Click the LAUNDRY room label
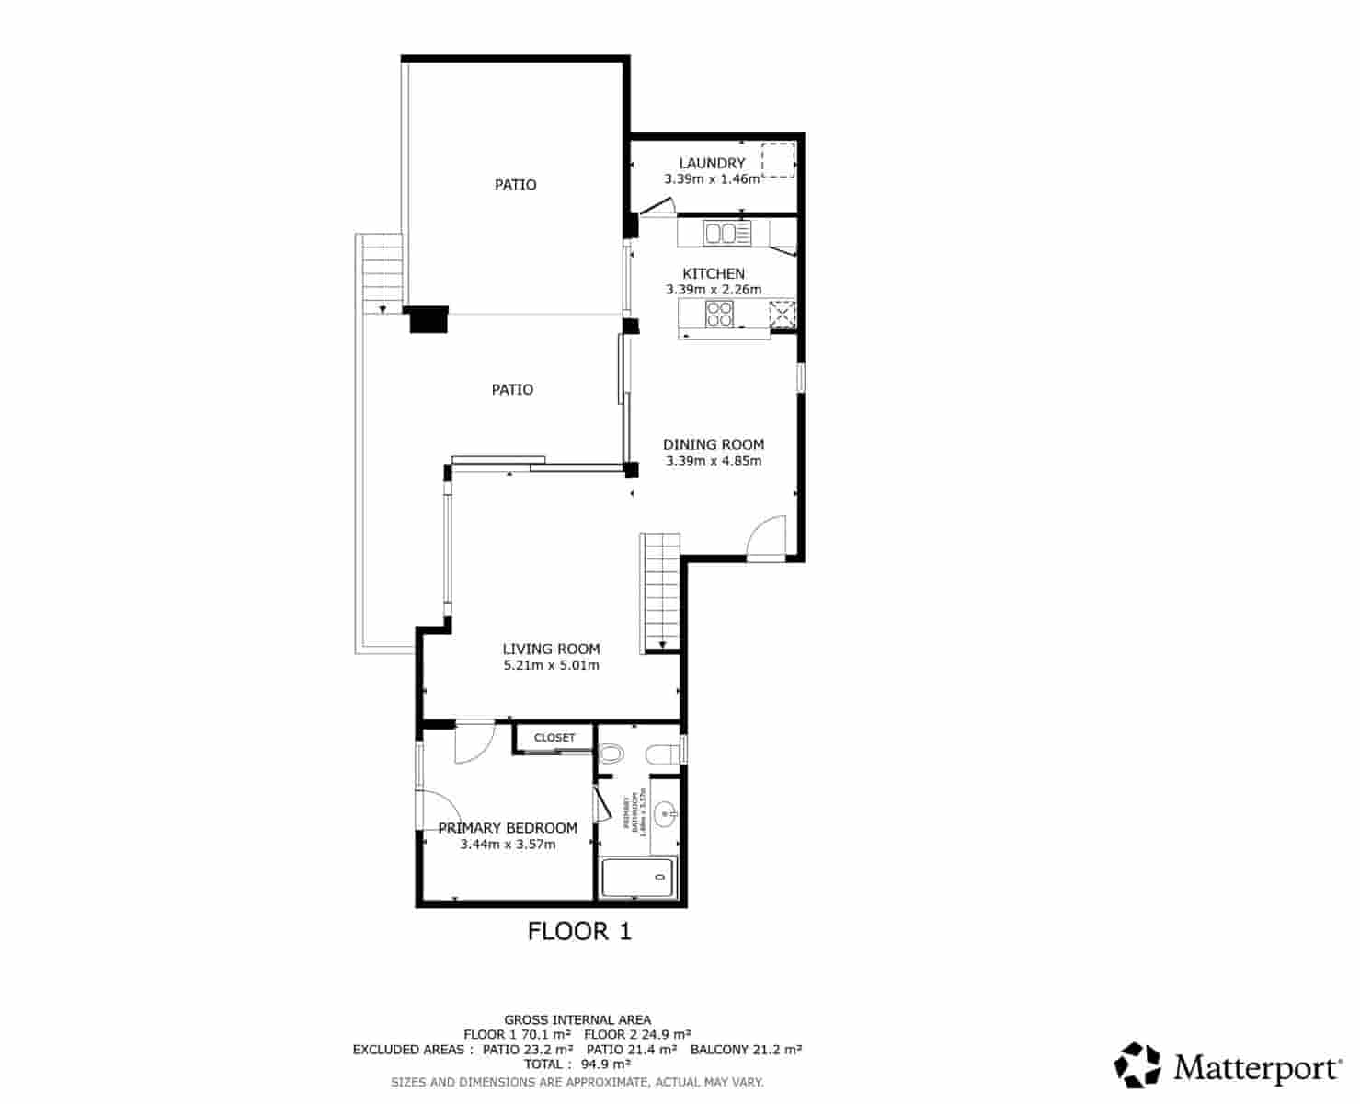712,163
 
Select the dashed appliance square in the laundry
778,160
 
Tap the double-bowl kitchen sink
727,234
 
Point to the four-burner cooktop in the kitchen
719,315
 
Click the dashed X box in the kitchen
782,315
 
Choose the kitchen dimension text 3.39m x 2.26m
714,289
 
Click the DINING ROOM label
714,444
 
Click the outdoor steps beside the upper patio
381,273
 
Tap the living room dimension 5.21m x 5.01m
551,665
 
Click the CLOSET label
554,738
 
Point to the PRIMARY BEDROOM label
508,828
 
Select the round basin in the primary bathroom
667,813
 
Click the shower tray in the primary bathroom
639,879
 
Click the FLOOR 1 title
579,931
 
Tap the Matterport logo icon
1137,1065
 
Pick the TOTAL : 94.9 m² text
577,1064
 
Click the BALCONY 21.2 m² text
746,1049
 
